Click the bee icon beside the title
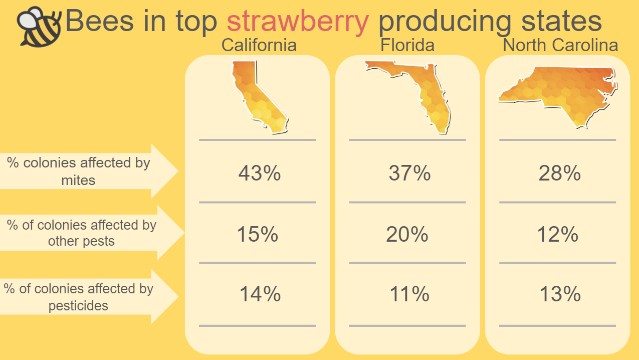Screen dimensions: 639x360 (40, 27)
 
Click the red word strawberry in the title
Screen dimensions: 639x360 (298, 22)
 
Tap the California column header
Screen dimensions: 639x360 (259, 45)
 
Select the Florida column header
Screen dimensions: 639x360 (407, 45)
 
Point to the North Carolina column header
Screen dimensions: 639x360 (560, 45)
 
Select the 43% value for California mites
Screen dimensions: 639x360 (260, 173)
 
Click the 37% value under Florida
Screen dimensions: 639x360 (409, 173)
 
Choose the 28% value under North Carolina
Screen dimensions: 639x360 (560, 173)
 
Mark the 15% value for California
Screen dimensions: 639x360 (258, 234)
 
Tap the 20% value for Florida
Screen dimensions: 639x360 (407, 234)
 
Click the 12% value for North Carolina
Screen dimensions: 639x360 (558, 234)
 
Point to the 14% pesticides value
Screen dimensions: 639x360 (260, 294)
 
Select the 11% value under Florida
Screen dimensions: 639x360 (409, 294)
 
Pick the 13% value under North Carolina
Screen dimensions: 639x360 (560, 294)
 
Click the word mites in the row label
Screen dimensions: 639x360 (78, 181)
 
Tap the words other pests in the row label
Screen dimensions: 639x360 (81, 241)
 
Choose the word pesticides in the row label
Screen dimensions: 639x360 (78, 306)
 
